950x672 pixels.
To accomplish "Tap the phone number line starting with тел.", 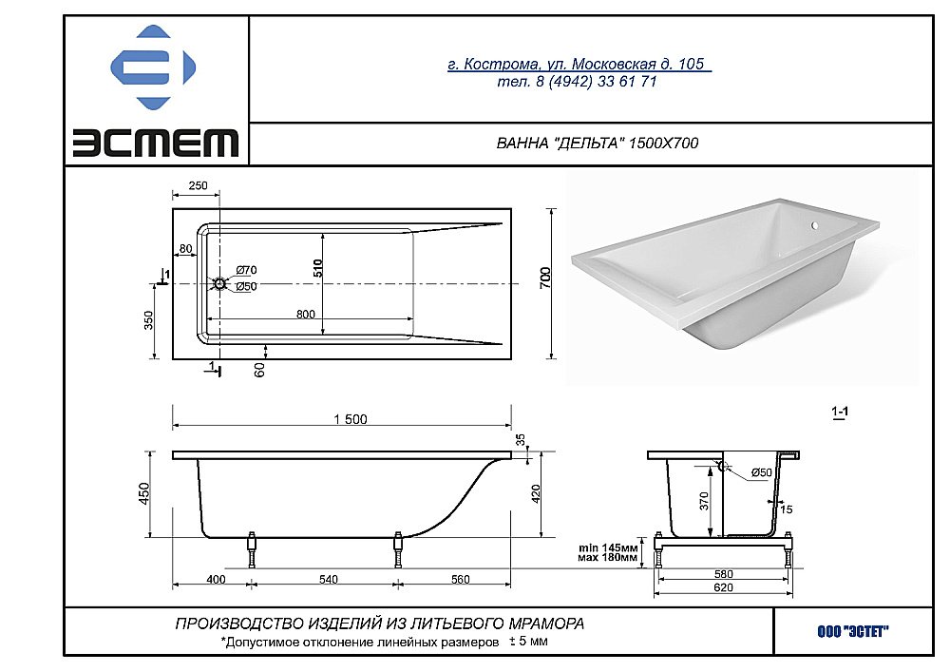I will click(577, 82).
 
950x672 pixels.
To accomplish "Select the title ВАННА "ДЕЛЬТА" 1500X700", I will click(598, 144).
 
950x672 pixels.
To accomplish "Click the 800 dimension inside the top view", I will click(306, 313).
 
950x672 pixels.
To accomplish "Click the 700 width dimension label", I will click(545, 278).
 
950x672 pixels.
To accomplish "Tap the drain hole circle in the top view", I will click(219, 283).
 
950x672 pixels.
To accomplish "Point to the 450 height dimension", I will click(145, 493).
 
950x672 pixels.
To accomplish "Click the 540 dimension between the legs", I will click(329, 579).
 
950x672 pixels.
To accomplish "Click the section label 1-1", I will click(839, 412).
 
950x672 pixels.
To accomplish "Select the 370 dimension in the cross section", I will click(704, 502).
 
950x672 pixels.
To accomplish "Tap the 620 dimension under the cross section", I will click(724, 588).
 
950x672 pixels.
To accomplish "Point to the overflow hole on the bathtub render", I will click(814, 226).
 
